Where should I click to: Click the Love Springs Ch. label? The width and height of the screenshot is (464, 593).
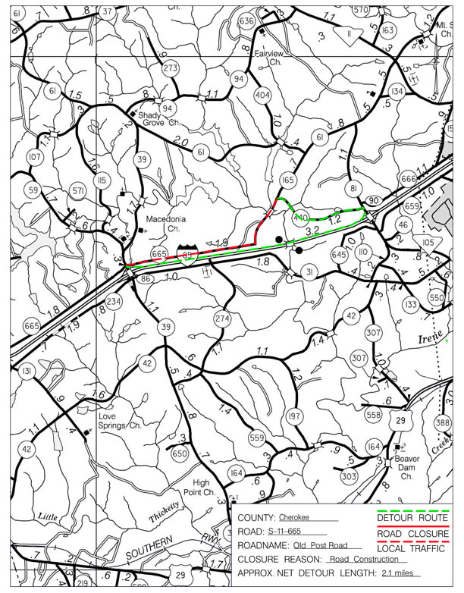[115, 421]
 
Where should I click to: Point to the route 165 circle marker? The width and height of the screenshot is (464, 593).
[287, 180]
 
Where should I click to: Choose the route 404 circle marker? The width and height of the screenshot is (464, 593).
[263, 96]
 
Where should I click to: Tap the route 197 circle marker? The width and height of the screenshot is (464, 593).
[295, 416]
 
